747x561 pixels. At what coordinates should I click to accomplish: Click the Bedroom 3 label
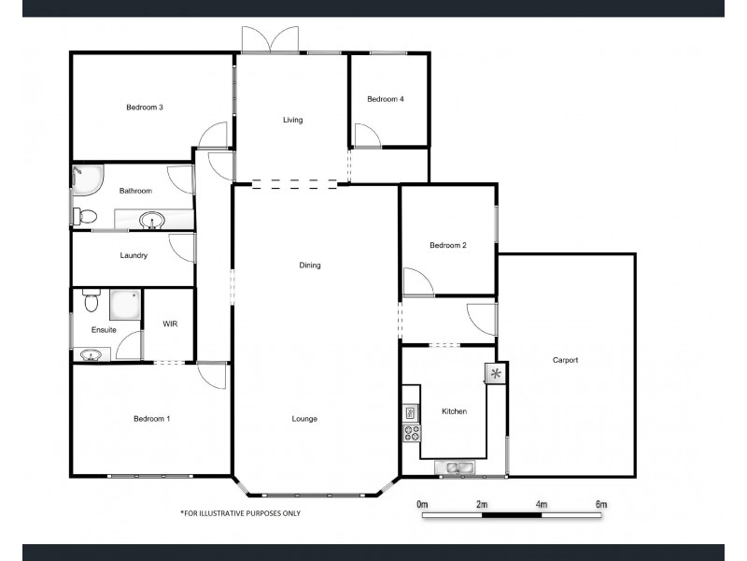pyautogui.click(x=145, y=108)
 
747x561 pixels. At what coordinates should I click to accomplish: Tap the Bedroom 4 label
pyautogui.click(x=385, y=99)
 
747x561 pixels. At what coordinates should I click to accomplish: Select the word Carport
pyautogui.click(x=566, y=360)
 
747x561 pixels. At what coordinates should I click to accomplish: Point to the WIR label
pyautogui.click(x=170, y=324)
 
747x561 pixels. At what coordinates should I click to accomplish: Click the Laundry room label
pyautogui.click(x=134, y=255)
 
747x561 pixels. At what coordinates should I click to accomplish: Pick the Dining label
pyautogui.click(x=310, y=266)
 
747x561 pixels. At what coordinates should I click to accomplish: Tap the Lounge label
pyautogui.click(x=304, y=419)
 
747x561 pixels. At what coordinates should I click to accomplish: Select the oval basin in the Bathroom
pyautogui.click(x=151, y=222)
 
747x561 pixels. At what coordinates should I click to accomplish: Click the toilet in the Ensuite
pyautogui.click(x=91, y=302)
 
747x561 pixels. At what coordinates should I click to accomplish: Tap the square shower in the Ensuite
pyautogui.click(x=126, y=303)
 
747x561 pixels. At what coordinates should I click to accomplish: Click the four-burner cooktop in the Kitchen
pyautogui.click(x=410, y=432)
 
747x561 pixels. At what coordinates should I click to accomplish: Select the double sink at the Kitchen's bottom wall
pyautogui.click(x=456, y=467)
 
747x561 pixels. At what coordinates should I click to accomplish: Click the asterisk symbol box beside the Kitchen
pyautogui.click(x=495, y=374)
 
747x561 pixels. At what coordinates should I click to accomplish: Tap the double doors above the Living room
pyautogui.click(x=269, y=39)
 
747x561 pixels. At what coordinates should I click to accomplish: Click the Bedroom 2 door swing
pyautogui.click(x=416, y=281)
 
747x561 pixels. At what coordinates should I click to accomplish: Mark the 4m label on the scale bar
pyautogui.click(x=542, y=505)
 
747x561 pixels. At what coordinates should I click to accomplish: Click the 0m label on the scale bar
pyautogui.click(x=422, y=505)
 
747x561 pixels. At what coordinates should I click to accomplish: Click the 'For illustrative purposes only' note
pyautogui.click(x=240, y=513)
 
